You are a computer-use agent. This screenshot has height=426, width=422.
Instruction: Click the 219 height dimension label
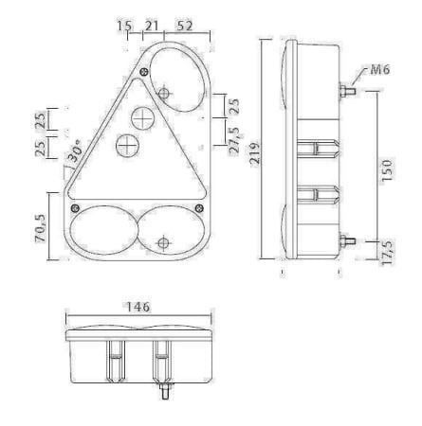click(255, 153)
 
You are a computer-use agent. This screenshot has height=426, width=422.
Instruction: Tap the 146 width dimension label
click(138, 307)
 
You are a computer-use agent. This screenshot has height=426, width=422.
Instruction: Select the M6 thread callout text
click(379, 70)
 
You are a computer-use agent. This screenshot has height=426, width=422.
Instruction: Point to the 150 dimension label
click(387, 170)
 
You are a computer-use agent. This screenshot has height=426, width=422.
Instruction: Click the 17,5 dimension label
click(388, 252)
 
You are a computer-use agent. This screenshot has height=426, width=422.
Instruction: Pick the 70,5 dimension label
click(41, 227)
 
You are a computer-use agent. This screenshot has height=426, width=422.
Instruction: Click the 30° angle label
click(75, 151)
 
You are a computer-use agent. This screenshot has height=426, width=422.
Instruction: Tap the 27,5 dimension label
click(234, 140)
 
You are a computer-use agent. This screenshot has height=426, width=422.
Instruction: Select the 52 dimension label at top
click(185, 26)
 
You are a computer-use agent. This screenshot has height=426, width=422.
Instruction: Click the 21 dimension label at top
click(152, 26)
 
